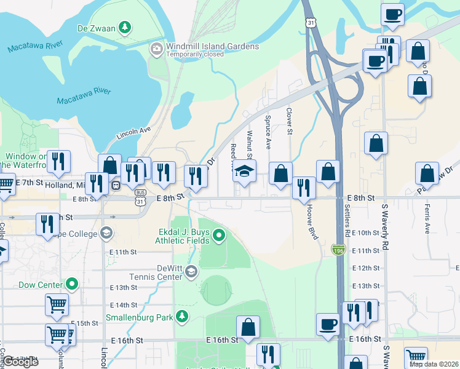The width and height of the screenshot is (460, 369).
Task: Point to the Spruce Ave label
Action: click(268, 132)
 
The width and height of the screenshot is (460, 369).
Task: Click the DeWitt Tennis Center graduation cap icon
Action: click(191, 271)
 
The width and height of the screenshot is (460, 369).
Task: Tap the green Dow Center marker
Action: click(73, 285)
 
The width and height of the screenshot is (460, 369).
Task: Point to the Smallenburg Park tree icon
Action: click(181, 317)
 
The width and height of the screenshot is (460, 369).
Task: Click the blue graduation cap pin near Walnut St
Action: click(244, 172)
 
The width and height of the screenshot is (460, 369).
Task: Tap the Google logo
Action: click(20, 362)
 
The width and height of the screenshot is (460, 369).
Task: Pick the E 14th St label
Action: click(124, 305)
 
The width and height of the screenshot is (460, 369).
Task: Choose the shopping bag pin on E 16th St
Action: click(248, 328)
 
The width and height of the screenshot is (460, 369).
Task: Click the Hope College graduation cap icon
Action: click(106, 234)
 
